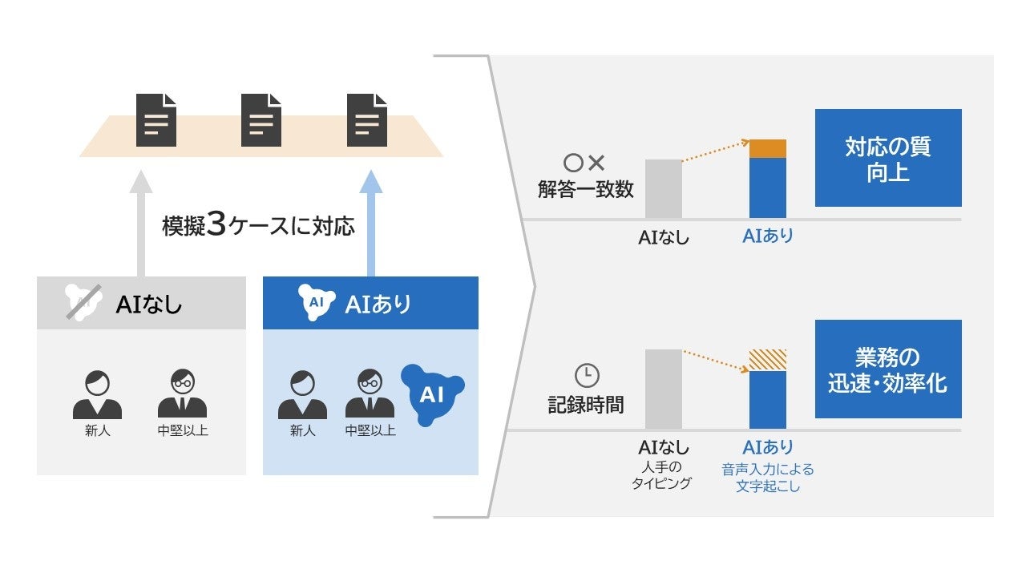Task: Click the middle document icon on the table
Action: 261,120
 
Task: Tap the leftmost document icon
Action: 156,120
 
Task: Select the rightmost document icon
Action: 367,120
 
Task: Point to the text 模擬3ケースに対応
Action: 258,225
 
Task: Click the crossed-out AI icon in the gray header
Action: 81,302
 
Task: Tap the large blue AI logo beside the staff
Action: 432,393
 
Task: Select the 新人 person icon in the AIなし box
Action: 97,394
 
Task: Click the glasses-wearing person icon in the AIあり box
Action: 370,394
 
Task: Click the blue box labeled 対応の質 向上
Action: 887,158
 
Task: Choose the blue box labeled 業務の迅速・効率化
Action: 887,369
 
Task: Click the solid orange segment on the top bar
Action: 767,148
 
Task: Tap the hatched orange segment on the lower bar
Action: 767,360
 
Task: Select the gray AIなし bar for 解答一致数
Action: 664,189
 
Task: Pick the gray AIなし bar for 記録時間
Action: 664,389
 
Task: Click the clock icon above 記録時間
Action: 587,375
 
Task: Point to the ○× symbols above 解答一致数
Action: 584,163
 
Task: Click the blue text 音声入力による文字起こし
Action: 767,478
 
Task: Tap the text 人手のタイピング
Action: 663,476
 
